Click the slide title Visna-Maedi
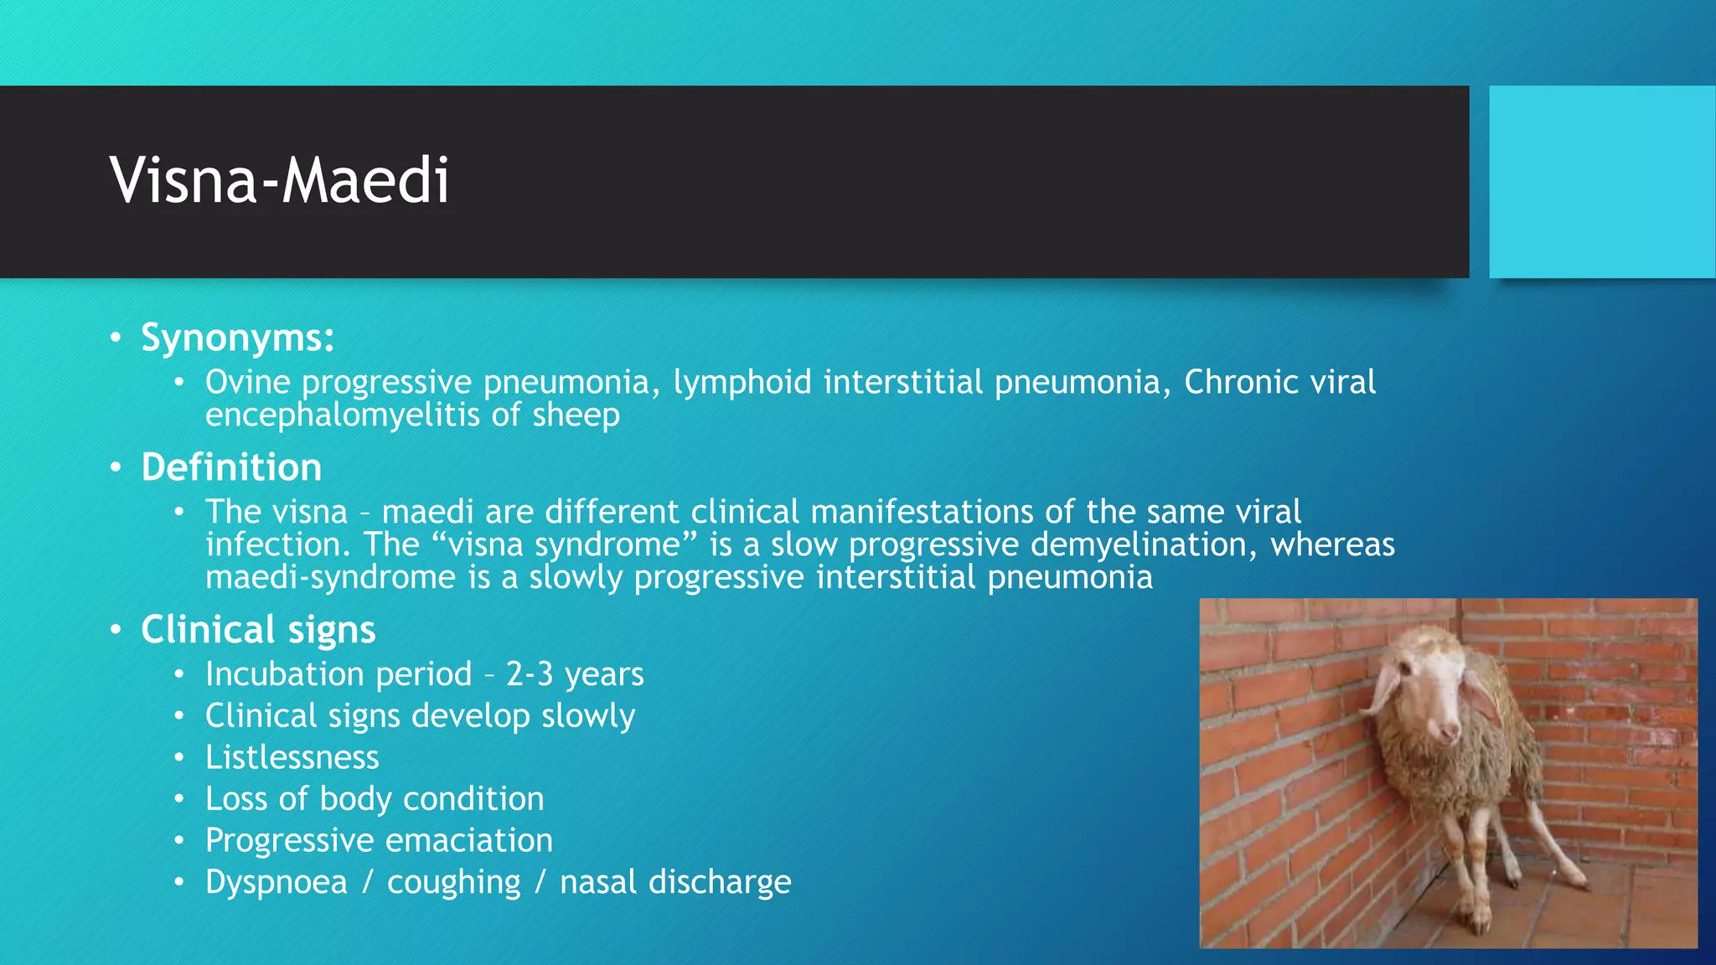pos(279,181)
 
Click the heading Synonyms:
pos(237,338)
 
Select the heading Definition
pos(231,467)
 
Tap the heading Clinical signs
pos(258,630)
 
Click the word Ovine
pos(247,383)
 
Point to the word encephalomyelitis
pos(343,415)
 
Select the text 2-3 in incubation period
pos(530,674)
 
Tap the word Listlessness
pos(292,758)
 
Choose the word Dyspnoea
pos(276,883)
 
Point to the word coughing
pos(453,883)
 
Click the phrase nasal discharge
pos(675,882)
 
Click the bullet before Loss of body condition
pos(178,799)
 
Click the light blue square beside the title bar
pos(1601,182)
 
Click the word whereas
pos(1332,545)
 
